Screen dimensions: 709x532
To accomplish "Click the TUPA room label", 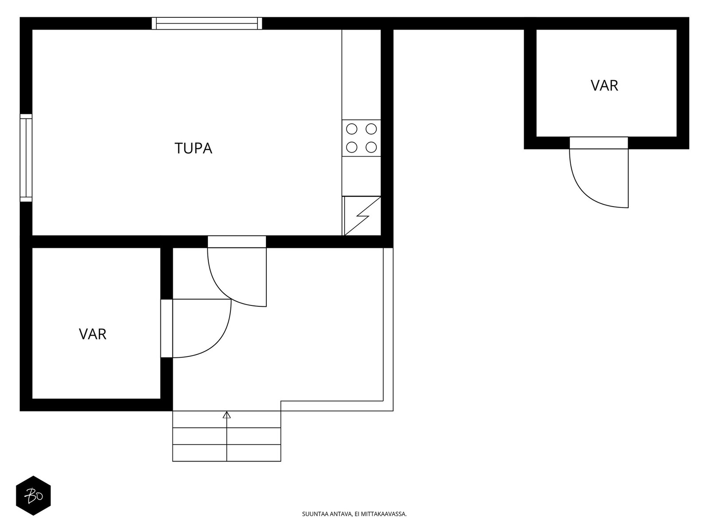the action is coord(193,148).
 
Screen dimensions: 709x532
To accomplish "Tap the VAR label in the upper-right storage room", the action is coord(604,86).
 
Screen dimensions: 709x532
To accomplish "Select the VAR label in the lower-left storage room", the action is coord(92,334).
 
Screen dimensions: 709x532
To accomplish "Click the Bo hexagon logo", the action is coord(33,496).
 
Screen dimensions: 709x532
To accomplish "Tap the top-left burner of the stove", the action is coord(351,129).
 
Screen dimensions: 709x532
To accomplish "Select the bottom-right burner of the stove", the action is coord(371,147).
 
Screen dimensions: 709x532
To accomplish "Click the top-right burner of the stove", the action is coord(371,129).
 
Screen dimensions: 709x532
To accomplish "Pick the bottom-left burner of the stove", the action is coord(351,147).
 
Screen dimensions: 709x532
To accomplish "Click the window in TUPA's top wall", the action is coord(207,23).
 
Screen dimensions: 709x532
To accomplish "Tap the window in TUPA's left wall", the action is coord(26,158).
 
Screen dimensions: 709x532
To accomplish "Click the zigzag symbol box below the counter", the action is coord(362,216).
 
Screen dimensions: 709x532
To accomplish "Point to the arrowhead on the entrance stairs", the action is coord(227,415).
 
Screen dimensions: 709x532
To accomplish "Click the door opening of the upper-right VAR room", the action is coord(599,143).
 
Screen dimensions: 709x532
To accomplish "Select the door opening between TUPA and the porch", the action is coord(237,242).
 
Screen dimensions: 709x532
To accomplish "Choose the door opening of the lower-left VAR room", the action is coord(167,329).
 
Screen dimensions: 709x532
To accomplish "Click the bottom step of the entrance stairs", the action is coord(227,453).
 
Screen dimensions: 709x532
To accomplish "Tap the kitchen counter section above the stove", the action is coord(362,74).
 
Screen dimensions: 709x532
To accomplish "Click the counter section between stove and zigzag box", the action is coord(362,176).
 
